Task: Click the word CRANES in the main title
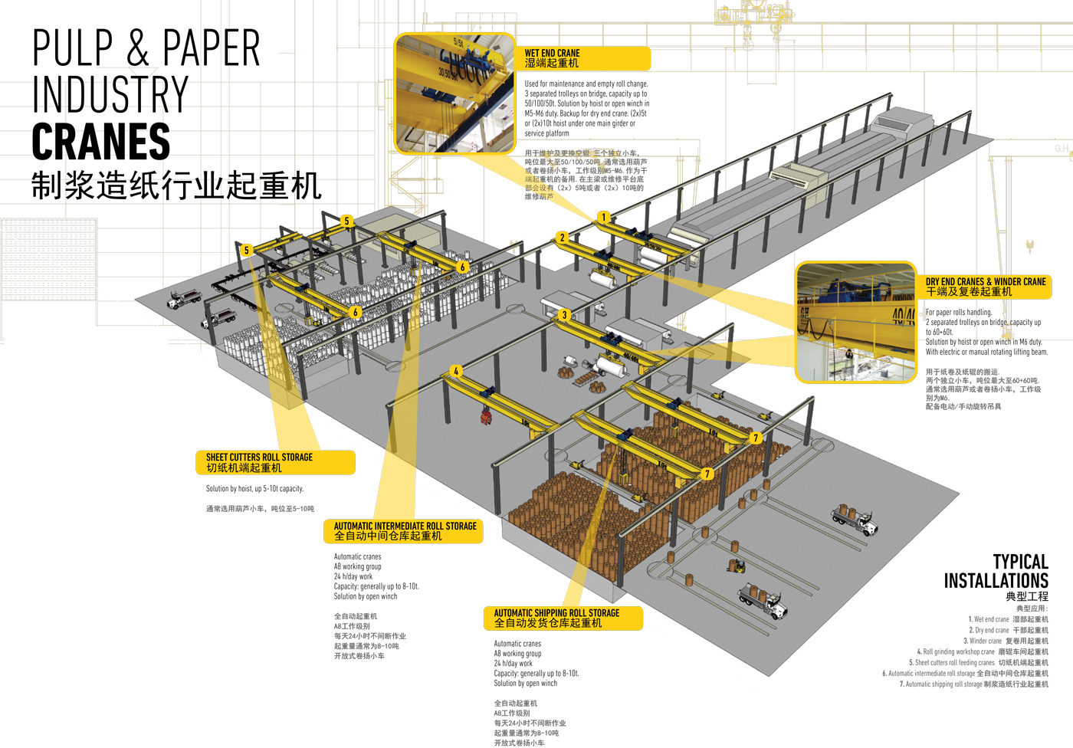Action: pyautogui.click(x=101, y=142)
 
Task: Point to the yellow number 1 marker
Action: pyautogui.click(x=604, y=218)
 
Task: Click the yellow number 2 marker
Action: pyautogui.click(x=562, y=238)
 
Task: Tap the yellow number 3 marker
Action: pyautogui.click(x=565, y=315)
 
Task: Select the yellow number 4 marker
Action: pyautogui.click(x=456, y=371)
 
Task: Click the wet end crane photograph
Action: pyautogui.click(x=454, y=93)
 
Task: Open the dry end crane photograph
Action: pyautogui.click(x=856, y=322)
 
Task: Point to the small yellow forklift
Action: pyautogui.click(x=737, y=566)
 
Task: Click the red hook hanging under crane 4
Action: pyautogui.click(x=485, y=415)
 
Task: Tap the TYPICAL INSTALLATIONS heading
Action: pyautogui.click(x=996, y=572)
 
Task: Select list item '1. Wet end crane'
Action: pyautogui.click(x=1008, y=619)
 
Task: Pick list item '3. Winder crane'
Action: pyautogui.click(x=1006, y=641)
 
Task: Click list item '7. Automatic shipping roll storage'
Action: pyautogui.click(x=973, y=684)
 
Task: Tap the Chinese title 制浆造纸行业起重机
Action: pyautogui.click(x=176, y=185)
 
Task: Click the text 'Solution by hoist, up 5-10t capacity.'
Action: pyautogui.click(x=254, y=489)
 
